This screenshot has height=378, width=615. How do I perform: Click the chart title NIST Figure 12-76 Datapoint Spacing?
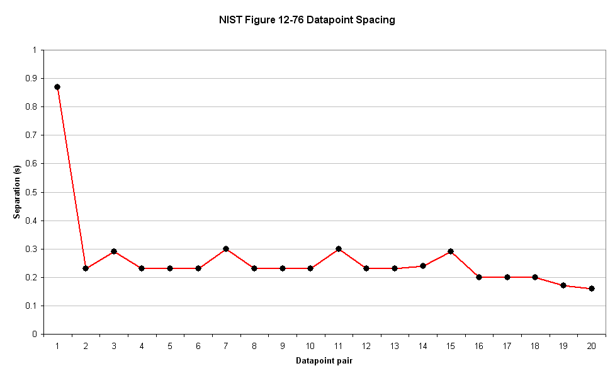click(x=307, y=20)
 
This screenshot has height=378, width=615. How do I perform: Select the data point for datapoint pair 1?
click(x=57, y=87)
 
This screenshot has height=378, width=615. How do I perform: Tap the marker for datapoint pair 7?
click(x=226, y=249)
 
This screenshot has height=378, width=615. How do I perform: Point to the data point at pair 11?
click(x=339, y=249)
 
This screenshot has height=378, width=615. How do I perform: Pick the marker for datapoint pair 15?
click(x=451, y=251)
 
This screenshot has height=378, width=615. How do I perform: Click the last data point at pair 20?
click(x=592, y=289)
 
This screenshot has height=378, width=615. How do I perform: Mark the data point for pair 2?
click(x=86, y=268)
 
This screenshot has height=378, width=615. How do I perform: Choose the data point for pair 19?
click(x=563, y=285)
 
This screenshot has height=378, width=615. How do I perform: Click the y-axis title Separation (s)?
click(x=17, y=192)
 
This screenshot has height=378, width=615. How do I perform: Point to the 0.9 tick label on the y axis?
click(x=33, y=79)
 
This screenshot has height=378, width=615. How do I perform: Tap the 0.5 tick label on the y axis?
click(x=33, y=192)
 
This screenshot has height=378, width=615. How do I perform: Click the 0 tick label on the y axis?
click(x=37, y=335)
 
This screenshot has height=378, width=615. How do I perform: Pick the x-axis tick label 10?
click(x=310, y=346)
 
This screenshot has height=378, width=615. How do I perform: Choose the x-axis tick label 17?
click(x=507, y=346)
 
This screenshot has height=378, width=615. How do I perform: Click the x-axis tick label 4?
click(x=142, y=346)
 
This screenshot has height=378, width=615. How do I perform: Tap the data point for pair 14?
click(x=423, y=266)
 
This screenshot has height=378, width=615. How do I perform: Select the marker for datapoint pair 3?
click(x=114, y=251)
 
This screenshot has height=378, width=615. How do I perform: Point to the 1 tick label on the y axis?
click(x=37, y=50)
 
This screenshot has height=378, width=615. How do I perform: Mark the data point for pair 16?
click(x=479, y=277)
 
